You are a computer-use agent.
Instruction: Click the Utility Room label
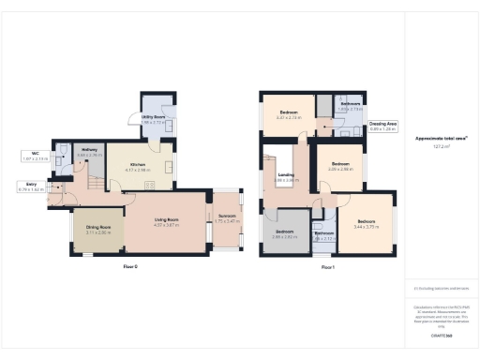click(153, 119)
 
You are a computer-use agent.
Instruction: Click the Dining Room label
click(99, 226)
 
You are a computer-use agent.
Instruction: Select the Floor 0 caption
click(131, 268)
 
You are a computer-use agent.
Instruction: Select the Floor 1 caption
click(327, 268)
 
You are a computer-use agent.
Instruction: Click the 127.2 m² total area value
click(440, 147)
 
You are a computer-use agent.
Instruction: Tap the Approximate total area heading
click(440, 138)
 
